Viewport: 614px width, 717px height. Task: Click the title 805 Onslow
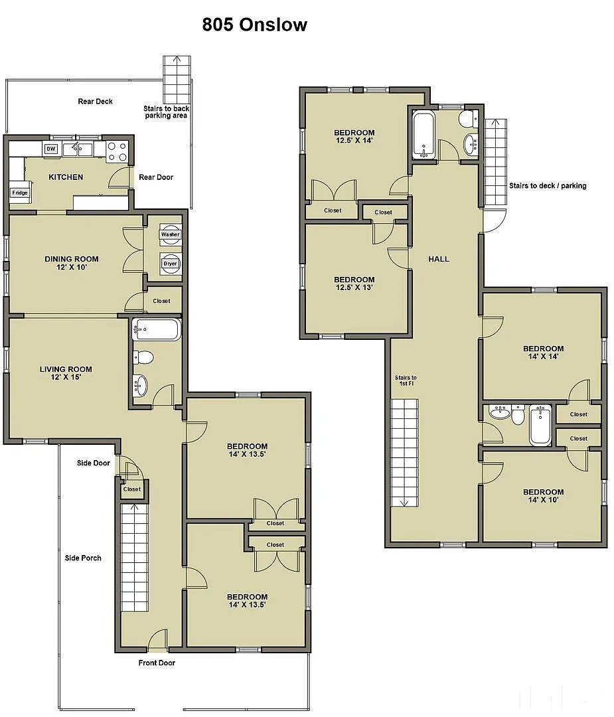255,25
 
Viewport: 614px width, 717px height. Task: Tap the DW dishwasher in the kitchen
50,149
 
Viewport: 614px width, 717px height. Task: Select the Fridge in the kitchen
20,193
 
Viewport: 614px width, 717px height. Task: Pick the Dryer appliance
170,264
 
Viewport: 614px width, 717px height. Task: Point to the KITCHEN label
66,177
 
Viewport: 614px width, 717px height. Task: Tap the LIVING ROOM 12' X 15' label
66,372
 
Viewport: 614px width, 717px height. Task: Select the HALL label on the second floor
439,259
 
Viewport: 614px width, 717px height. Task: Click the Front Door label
157,663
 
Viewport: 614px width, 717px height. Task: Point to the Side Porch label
83,558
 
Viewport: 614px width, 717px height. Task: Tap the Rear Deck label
95,101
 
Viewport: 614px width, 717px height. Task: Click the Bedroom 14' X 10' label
543,496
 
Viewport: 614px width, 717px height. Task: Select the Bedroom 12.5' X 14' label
354,136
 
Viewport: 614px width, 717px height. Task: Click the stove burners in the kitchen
117,152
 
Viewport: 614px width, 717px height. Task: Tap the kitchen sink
78,149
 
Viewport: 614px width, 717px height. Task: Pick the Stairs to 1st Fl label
406,380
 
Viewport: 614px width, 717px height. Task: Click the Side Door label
94,463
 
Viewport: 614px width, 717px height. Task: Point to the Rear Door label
156,177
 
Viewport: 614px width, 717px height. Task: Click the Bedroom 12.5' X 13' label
354,283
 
